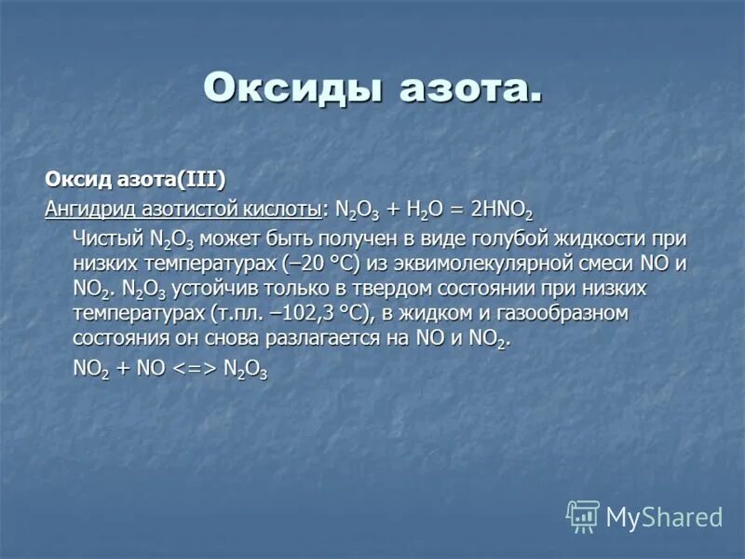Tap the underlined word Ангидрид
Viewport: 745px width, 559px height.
coord(89,206)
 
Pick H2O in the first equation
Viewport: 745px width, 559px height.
coord(420,207)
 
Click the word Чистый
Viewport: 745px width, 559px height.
coord(106,238)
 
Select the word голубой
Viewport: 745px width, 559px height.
coord(521,238)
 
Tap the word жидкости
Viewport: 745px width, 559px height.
coord(615,238)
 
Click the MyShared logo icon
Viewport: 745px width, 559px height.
coord(584,516)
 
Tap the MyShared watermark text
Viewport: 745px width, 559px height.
coord(664,517)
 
